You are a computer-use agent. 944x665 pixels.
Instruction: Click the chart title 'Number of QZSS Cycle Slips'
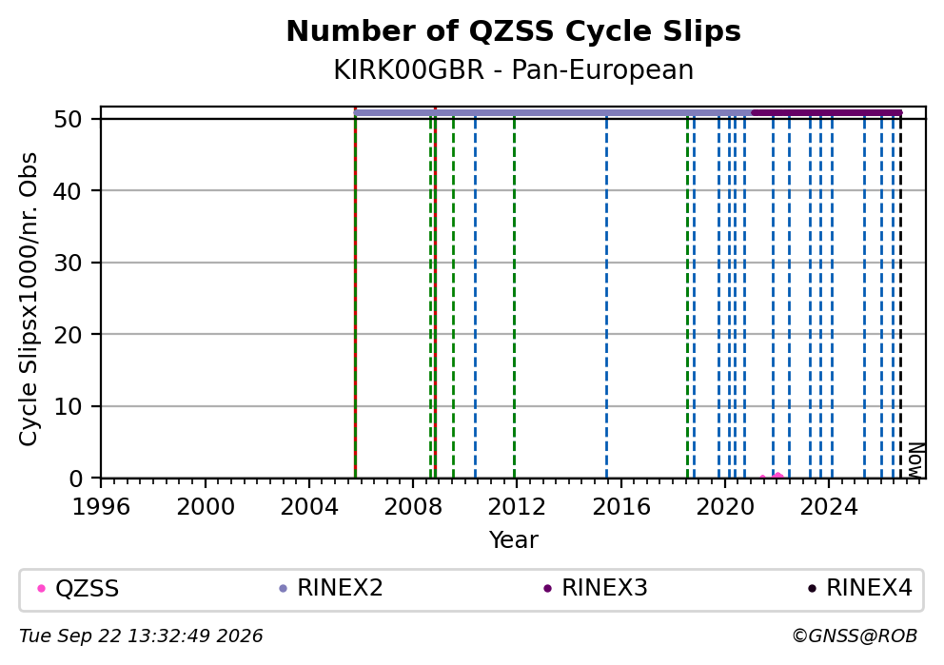tap(514, 31)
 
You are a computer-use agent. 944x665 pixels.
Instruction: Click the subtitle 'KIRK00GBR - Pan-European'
tap(514, 69)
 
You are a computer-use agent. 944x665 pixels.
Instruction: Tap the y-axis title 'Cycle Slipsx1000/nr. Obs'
tap(29, 299)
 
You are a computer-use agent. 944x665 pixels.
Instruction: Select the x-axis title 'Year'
tap(514, 539)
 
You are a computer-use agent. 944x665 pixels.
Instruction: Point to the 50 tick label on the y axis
tap(68, 119)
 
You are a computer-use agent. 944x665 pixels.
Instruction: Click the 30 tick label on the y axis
tap(68, 263)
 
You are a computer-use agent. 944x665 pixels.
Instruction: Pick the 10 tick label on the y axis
tap(68, 407)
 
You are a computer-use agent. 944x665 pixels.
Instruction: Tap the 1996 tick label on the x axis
tap(101, 507)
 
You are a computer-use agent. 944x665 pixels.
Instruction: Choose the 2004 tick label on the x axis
tap(309, 507)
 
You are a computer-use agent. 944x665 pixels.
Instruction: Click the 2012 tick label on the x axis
tap(517, 507)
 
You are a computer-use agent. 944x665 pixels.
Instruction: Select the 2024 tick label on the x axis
tap(829, 507)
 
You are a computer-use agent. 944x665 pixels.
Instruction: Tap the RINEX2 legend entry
tap(331, 589)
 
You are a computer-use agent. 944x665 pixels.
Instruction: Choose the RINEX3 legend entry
tap(596, 589)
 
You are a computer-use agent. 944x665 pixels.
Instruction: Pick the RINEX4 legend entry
tap(860, 589)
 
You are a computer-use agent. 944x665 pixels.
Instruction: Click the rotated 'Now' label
tap(915, 460)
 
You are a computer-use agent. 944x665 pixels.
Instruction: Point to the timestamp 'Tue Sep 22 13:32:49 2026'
tap(141, 636)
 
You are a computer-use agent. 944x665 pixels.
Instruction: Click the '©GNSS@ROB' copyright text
tap(855, 636)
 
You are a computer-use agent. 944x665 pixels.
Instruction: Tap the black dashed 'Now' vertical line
tap(900, 296)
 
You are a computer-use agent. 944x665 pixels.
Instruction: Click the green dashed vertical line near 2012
tap(514, 296)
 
